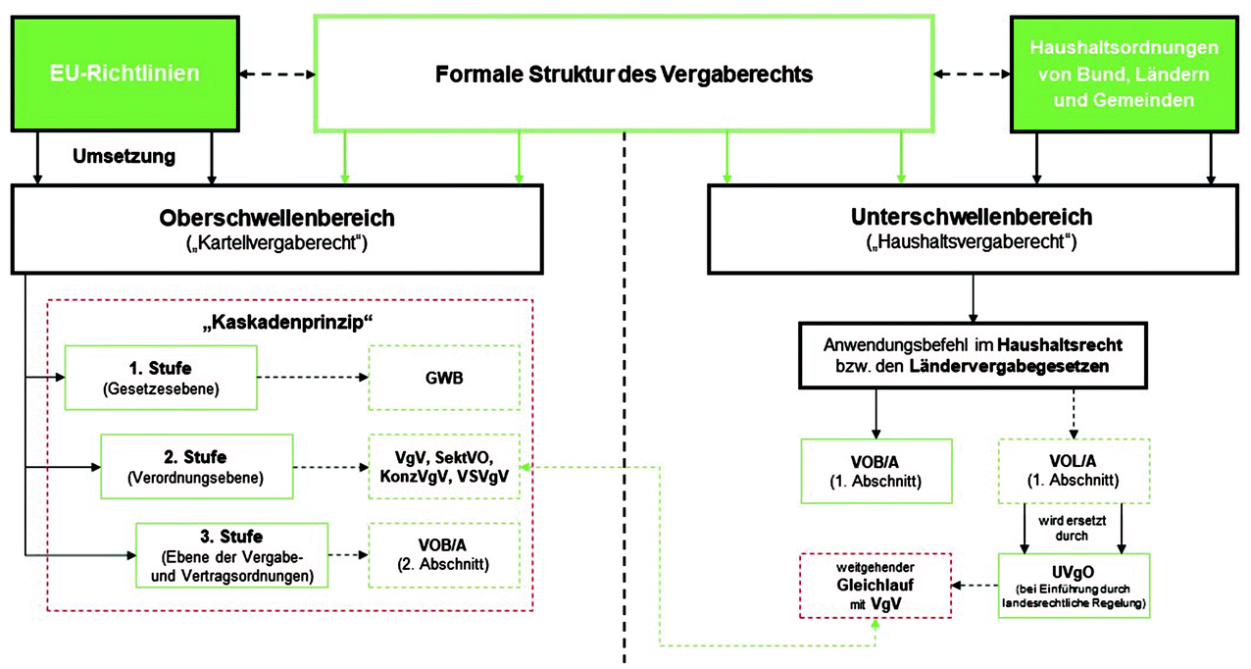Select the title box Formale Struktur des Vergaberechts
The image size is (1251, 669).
coord(624,75)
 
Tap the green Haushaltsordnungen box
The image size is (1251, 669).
coord(1125,75)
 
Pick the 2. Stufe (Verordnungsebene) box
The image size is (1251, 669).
coord(197,466)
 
